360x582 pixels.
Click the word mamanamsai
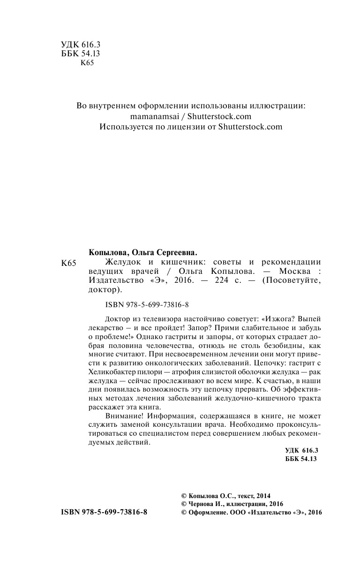pos(152,117)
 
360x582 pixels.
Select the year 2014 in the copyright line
pos(263,495)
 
